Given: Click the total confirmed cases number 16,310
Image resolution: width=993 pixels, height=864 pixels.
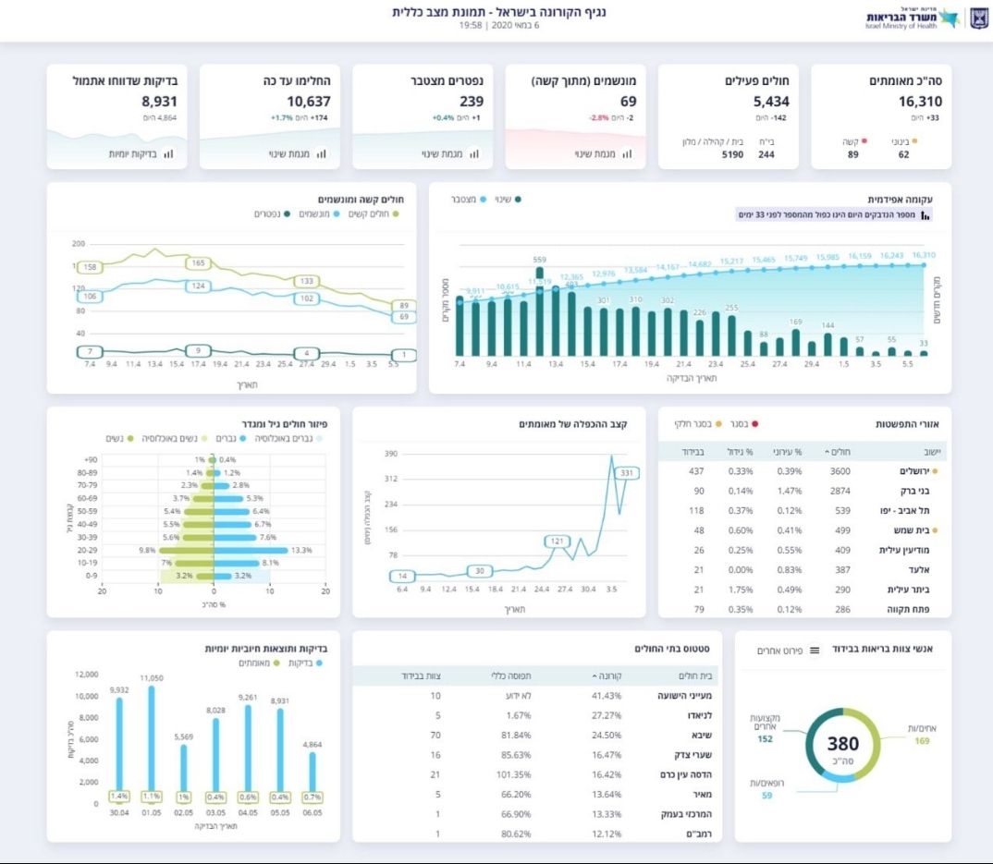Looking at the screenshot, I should (x=920, y=102).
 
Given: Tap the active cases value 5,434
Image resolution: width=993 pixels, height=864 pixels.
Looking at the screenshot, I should (x=771, y=102).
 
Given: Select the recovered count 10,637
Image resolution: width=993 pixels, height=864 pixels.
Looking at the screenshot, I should (x=308, y=102).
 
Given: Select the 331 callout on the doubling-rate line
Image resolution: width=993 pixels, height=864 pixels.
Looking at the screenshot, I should (x=628, y=473).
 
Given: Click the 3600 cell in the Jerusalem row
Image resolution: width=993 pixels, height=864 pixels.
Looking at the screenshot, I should (x=834, y=471).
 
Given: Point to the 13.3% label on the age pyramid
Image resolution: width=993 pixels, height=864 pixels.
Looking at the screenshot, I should (x=301, y=550).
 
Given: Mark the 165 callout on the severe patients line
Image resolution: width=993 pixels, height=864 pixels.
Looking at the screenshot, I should (x=198, y=263).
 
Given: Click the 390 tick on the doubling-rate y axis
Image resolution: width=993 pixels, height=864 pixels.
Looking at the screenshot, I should (x=390, y=454).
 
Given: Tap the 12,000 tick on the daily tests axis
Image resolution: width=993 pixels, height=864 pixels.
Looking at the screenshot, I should (x=85, y=675).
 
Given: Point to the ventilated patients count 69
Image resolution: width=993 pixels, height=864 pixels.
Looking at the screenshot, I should (x=628, y=102).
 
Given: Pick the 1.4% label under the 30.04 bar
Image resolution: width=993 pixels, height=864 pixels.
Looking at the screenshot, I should (x=118, y=797).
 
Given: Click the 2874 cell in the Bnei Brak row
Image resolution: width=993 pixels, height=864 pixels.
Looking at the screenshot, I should (x=834, y=491).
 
